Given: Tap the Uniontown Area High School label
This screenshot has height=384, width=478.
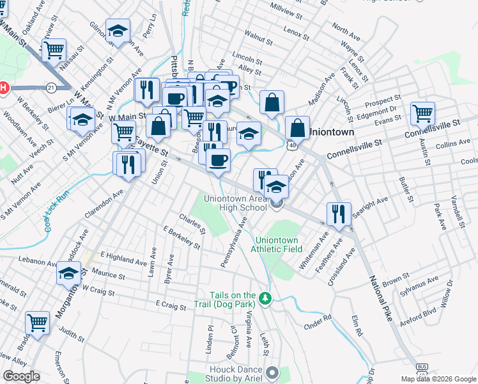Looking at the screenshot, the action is (235, 203).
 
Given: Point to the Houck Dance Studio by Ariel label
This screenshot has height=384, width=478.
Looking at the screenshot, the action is (236, 374).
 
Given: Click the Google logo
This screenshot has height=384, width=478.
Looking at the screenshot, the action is (22, 376).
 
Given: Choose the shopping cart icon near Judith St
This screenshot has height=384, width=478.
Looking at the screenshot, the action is (38, 322).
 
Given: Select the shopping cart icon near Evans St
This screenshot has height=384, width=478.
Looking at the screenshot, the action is (422, 113).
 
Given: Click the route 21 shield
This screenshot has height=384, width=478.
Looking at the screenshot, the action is (50, 87).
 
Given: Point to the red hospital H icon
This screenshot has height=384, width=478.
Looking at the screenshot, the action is (3, 87).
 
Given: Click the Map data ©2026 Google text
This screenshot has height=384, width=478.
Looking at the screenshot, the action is (438, 378).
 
